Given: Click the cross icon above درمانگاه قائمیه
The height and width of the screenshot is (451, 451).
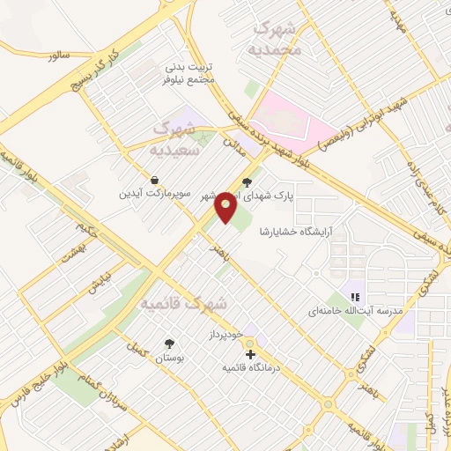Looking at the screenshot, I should click(251, 353).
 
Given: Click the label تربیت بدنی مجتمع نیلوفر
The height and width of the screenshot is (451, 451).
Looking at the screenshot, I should click(190, 73).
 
